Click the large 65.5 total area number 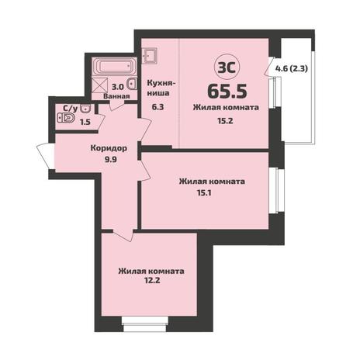(227, 91)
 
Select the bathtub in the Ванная (114, 67)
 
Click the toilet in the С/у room (66, 119)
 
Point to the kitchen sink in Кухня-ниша (151, 55)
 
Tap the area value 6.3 (157, 106)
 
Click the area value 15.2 (225, 120)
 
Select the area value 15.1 (204, 192)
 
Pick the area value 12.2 (152, 280)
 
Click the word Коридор (109, 148)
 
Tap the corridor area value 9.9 (111, 160)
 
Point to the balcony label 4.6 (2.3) (292, 69)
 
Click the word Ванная (116, 96)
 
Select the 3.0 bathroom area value (117, 87)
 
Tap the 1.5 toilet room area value (85, 122)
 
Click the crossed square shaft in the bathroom (100, 85)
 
